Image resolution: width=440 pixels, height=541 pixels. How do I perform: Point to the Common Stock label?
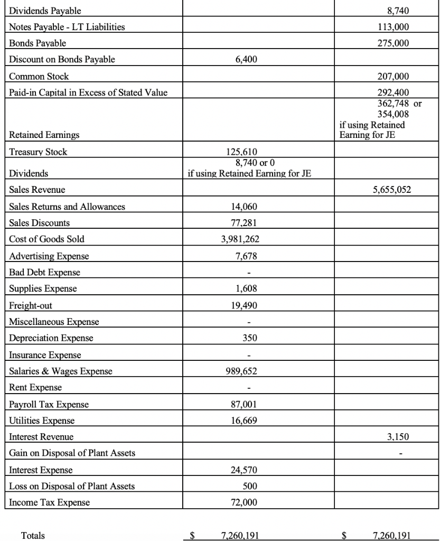tap(39, 76)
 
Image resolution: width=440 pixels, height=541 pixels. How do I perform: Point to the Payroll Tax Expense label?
tap(49, 404)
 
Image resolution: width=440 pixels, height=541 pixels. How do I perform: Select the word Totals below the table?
tap(33, 535)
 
